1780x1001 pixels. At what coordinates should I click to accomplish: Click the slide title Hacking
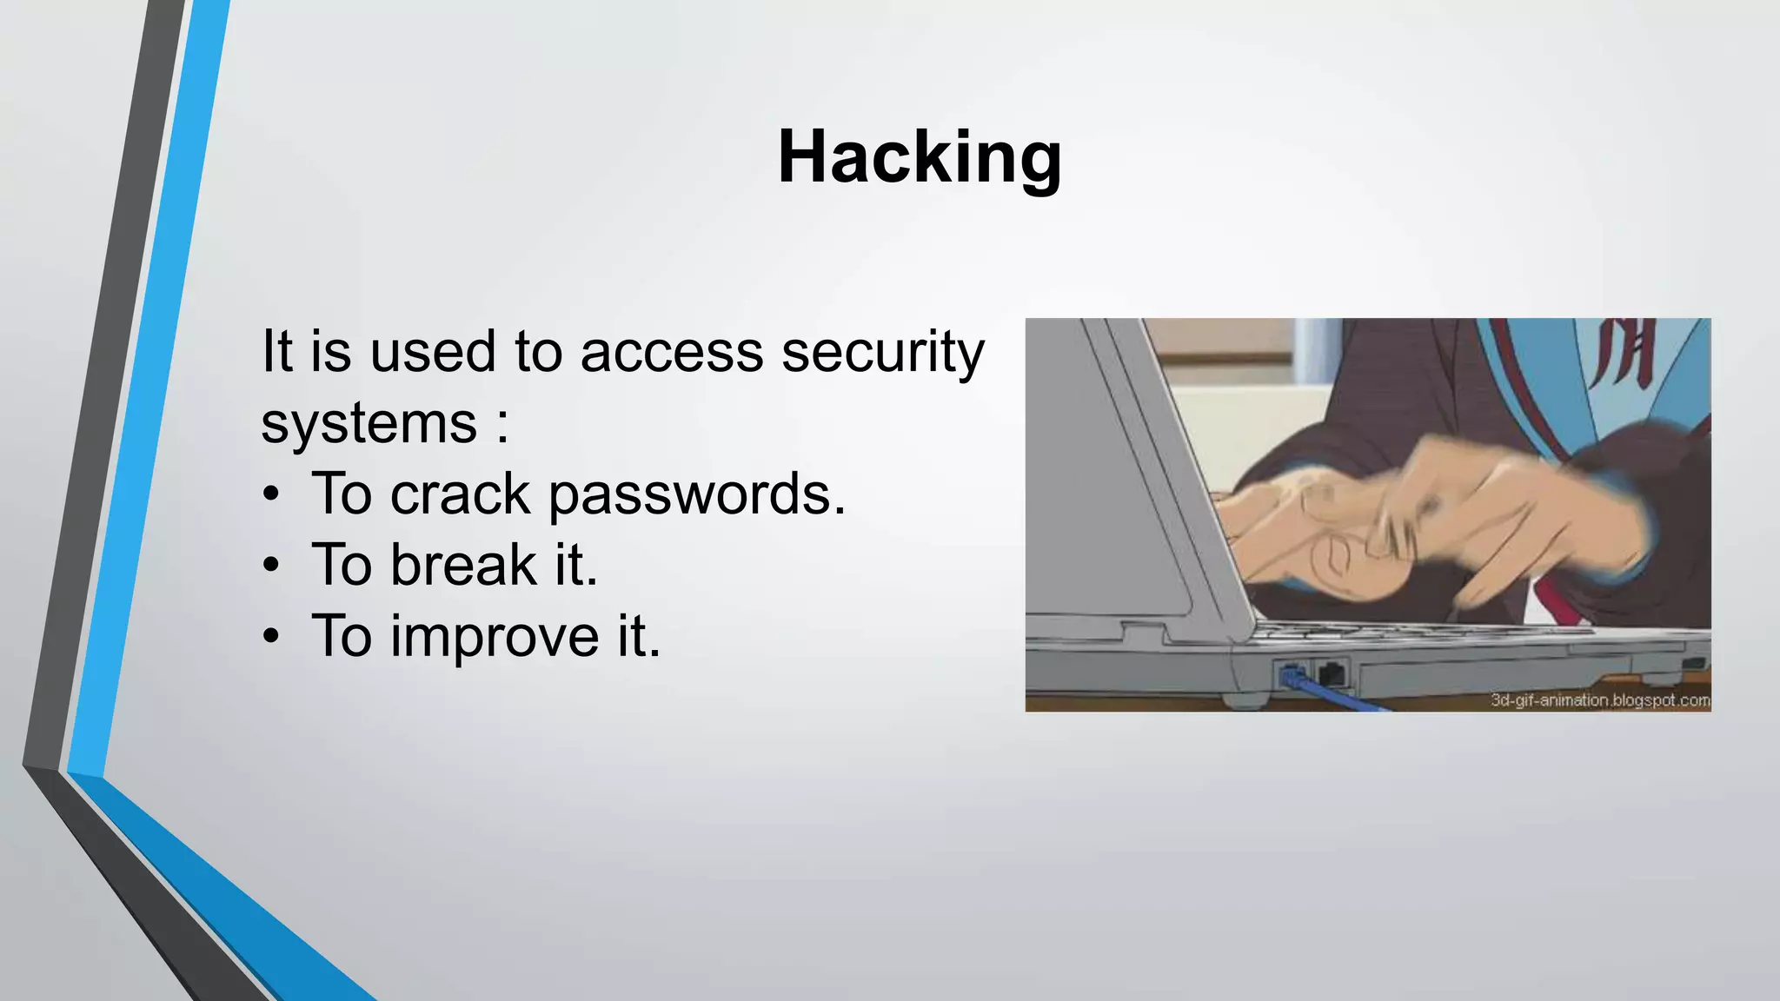click(x=919, y=157)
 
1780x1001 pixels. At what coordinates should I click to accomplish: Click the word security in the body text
click(x=883, y=353)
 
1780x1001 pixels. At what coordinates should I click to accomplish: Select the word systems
click(x=369, y=424)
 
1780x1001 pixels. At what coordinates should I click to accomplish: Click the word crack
click(x=460, y=494)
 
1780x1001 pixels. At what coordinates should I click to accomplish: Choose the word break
click(x=463, y=566)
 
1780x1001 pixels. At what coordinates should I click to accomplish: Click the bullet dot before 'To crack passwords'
click(x=272, y=494)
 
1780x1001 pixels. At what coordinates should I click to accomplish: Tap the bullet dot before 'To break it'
click(x=272, y=566)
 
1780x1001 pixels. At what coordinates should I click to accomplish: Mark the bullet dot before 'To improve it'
click(x=272, y=637)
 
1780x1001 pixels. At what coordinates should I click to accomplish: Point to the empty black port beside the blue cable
click(x=1331, y=672)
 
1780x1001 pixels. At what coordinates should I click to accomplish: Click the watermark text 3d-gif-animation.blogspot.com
click(x=1600, y=699)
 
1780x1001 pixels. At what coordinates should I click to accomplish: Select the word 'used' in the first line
click(x=432, y=353)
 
